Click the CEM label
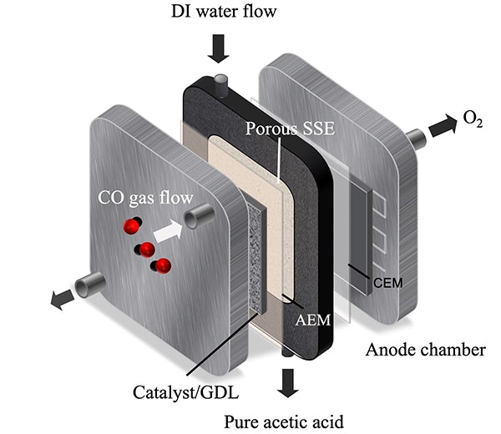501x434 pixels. point(389,282)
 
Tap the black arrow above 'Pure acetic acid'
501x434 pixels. point(289,383)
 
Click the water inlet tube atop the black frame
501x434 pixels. point(221,83)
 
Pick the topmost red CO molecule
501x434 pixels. point(132,226)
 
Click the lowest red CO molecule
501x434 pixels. point(163,266)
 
